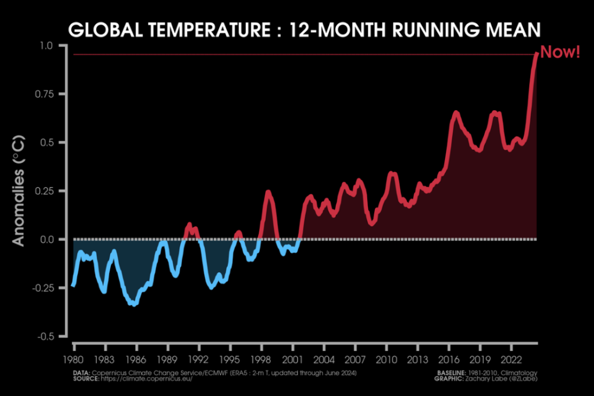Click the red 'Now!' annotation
pyautogui.click(x=560, y=53)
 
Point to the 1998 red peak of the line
pyautogui.click(x=269, y=191)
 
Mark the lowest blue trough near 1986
pyautogui.click(x=134, y=303)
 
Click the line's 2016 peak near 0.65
pyautogui.click(x=456, y=112)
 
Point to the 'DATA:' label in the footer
pyautogui.click(x=81, y=372)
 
